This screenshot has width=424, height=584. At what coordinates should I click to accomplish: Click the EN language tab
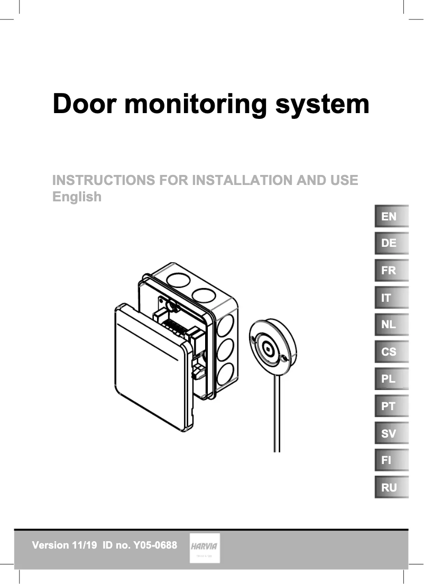click(x=391, y=216)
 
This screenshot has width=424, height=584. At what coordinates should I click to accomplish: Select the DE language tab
click(x=391, y=243)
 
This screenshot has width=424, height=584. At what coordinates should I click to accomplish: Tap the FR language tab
click(x=391, y=271)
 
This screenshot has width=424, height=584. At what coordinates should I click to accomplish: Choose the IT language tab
click(x=391, y=298)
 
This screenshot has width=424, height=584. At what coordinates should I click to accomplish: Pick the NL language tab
click(x=391, y=325)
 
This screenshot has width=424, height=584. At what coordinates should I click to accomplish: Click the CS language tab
click(x=391, y=351)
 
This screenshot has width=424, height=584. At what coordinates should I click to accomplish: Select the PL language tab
click(x=391, y=379)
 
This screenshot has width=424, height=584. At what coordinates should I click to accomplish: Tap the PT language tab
click(x=391, y=406)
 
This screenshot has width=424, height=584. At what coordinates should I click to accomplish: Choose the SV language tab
click(x=391, y=433)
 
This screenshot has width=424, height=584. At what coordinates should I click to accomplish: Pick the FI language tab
click(x=391, y=460)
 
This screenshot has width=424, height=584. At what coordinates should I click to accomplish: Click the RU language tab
click(x=391, y=487)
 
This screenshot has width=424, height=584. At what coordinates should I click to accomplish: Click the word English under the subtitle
click(x=77, y=197)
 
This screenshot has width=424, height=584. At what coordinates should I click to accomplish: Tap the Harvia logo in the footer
click(x=205, y=548)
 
